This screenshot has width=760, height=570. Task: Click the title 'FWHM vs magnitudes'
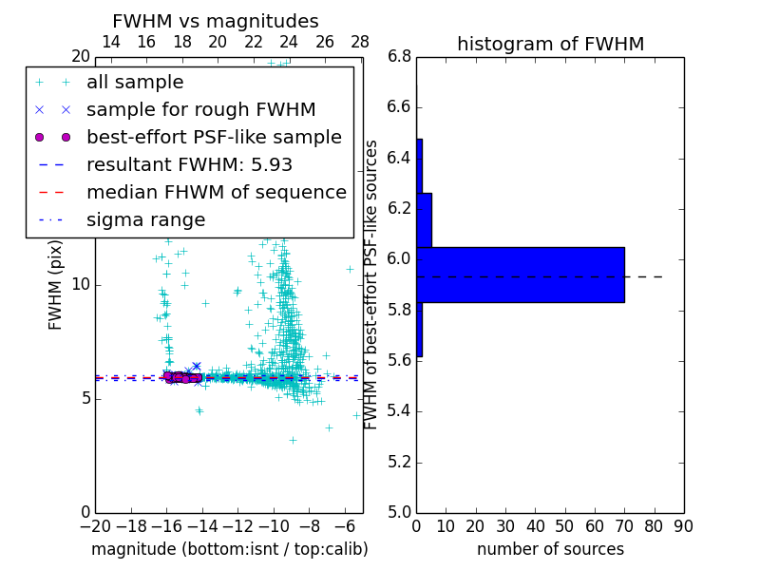point(216,22)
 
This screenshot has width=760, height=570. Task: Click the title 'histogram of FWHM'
point(550,44)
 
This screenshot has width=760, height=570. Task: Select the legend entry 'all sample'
point(135,83)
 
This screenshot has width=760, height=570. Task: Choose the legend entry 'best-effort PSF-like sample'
point(214,138)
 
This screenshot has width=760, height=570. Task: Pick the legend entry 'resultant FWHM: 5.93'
point(189,164)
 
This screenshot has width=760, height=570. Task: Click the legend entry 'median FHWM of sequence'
point(216,192)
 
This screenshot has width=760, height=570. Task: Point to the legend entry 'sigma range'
point(145,219)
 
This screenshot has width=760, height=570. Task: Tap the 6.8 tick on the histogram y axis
point(400,56)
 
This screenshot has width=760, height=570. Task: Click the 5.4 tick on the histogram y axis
point(400,411)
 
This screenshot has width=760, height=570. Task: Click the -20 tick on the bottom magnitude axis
point(95,526)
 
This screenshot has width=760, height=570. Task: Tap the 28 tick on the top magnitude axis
point(360,42)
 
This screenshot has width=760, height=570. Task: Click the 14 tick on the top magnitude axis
point(110,42)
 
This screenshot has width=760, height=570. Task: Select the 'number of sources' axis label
point(550,549)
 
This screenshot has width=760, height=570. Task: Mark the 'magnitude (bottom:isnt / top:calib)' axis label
point(229,549)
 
